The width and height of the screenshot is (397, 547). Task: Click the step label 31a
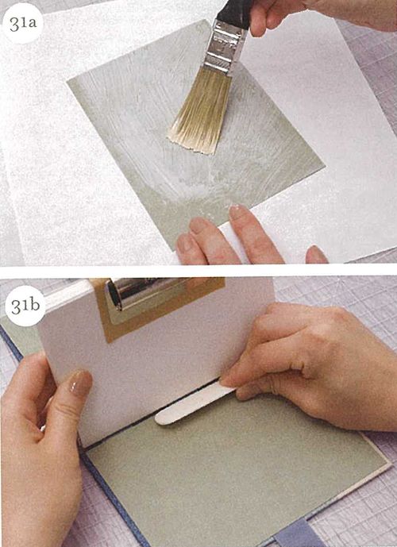(x=23, y=23)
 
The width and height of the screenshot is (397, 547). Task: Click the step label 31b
(x=25, y=306)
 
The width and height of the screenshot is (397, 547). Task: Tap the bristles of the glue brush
(x=202, y=112)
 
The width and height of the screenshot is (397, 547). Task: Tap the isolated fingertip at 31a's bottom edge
(x=316, y=254)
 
